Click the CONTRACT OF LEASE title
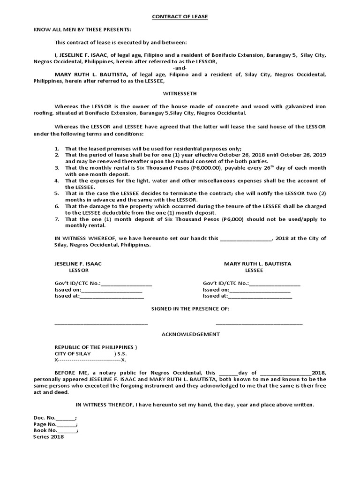[180, 17]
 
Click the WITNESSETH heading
[180, 93]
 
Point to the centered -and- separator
[180, 68]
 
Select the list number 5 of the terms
[56, 193]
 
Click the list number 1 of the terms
[56, 149]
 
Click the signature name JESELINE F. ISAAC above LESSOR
[78, 264]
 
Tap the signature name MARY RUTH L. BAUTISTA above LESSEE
[257, 264]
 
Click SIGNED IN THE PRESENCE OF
[190, 309]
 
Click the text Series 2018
[48, 437]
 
